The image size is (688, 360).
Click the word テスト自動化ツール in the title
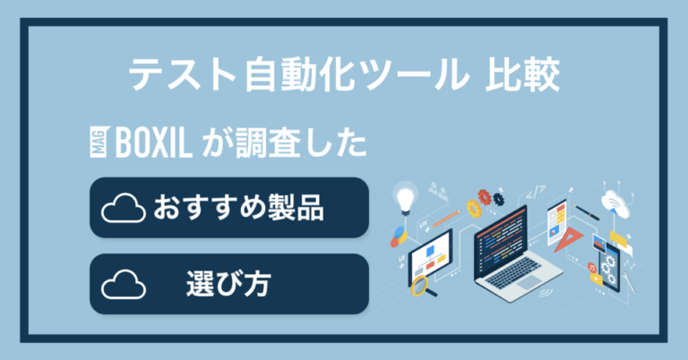[292, 76]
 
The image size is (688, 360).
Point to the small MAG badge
[99, 143]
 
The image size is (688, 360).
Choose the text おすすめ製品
[238, 210]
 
